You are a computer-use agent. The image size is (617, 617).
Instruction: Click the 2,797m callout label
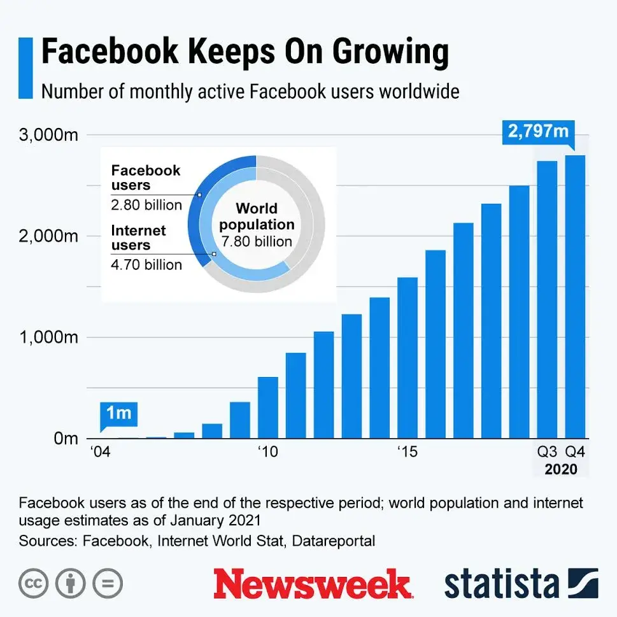point(537,132)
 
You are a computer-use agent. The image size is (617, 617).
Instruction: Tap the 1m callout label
point(118,413)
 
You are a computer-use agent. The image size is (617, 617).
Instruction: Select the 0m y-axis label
point(64,438)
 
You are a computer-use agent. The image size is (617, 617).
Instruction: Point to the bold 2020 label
point(560,470)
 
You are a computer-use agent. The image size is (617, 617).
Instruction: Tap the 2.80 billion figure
point(146,205)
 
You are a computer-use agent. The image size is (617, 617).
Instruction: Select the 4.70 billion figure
point(146,264)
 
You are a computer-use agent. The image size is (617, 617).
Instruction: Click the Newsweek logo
point(312,583)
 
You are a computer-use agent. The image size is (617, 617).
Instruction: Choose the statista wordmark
point(502,583)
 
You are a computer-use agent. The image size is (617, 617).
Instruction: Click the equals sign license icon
point(108,583)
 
